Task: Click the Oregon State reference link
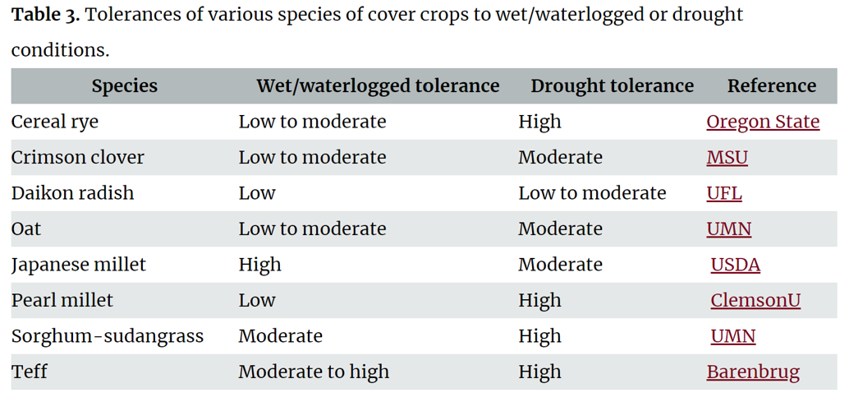pos(762,122)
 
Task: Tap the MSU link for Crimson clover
pos(727,157)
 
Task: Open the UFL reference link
pos(723,193)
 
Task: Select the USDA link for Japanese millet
pos(735,265)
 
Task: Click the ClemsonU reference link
pos(755,300)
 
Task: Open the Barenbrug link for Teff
pos(752,372)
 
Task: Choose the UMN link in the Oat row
pos(728,229)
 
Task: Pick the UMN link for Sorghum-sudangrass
pos(732,336)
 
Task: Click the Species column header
pos(124,85)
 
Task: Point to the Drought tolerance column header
pos(612,85)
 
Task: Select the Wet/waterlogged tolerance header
pos(378,85)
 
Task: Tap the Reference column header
pos(771,85)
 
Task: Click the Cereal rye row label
pos(54,122)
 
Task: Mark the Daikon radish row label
pos(72,193)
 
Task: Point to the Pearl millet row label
pos(62,300)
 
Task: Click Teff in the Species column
pos(29,372)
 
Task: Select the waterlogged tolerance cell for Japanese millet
pos(259,265)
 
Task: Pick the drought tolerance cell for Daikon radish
pos(591,193)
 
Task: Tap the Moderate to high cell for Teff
pos(313,372)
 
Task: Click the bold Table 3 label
pos(45,15)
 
